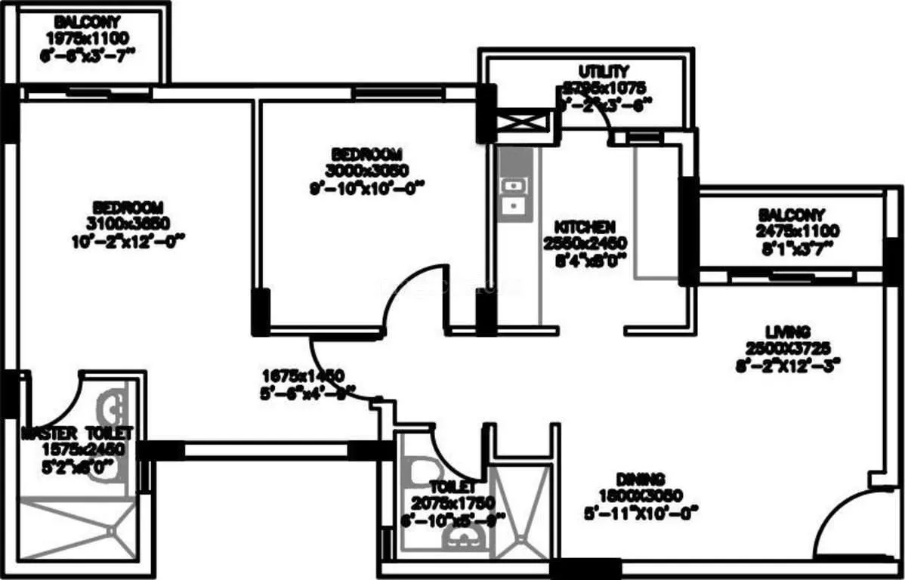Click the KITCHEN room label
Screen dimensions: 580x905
pos(585,227)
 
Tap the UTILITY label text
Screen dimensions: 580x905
pos(603,71)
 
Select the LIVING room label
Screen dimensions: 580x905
pos(787,332)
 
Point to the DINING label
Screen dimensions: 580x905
pos(639,479)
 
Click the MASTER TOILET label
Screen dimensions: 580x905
pos(77,433)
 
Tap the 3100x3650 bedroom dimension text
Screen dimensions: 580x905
pos(127,223)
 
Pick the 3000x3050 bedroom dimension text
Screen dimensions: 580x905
pos(366,170)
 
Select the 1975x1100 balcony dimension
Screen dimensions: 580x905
pos(88,36)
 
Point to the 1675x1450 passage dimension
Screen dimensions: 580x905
pos(303,375)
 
